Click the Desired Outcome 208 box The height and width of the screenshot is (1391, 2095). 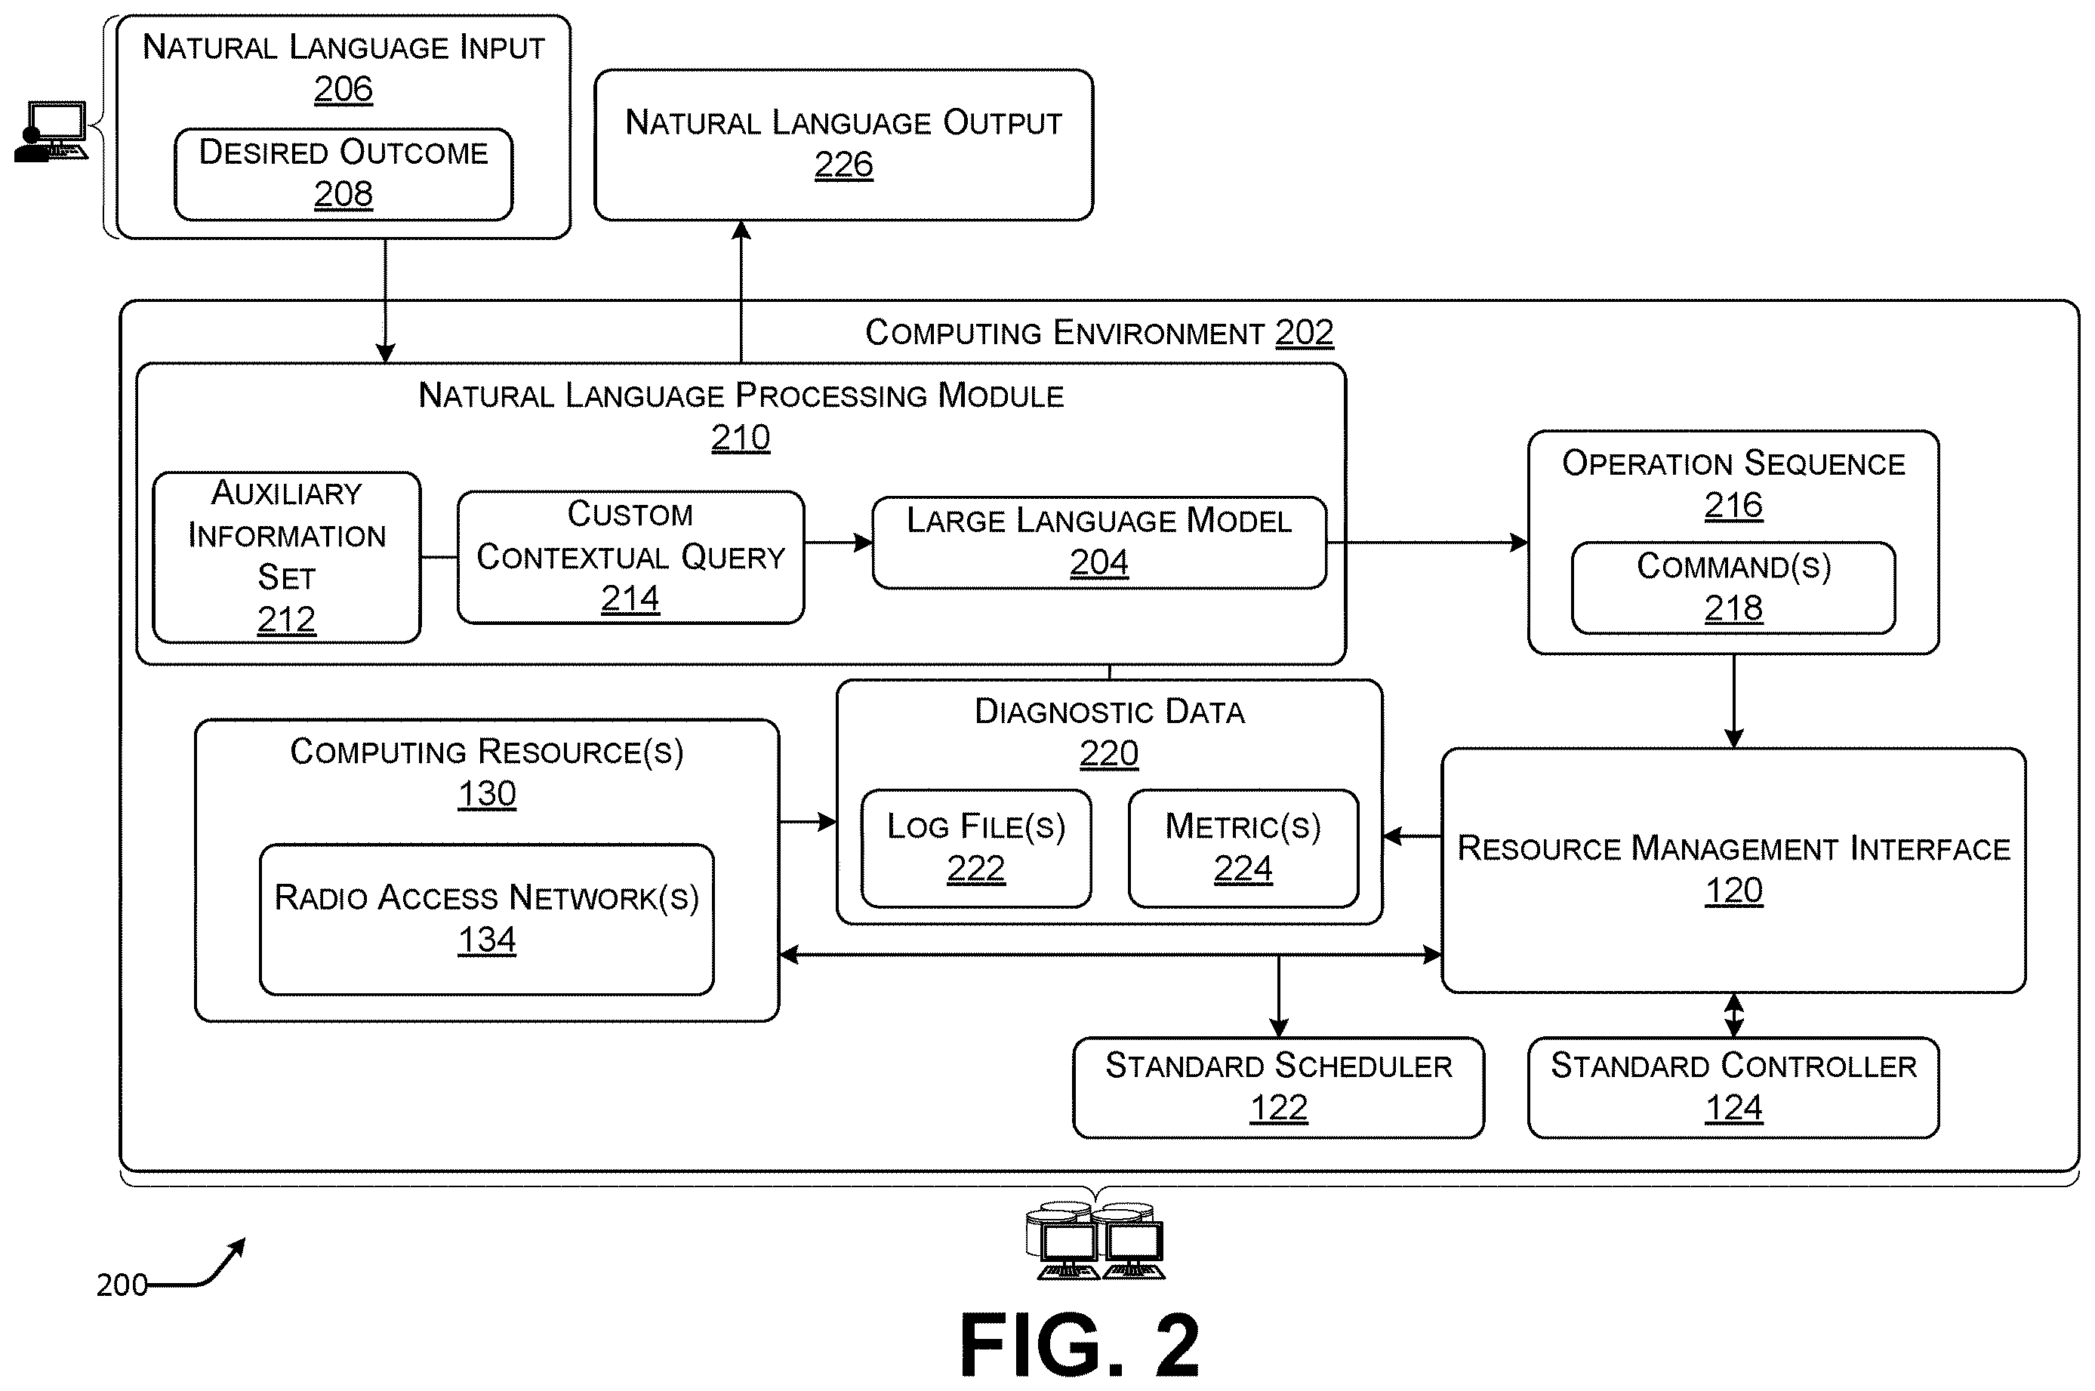coord(344,174)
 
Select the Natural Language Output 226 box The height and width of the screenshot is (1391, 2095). coord(843,145)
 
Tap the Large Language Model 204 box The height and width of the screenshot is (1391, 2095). coord(1099,542)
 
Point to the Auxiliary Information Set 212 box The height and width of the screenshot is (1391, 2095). coord(287,557)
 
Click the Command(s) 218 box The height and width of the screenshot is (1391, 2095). coord(1733,588)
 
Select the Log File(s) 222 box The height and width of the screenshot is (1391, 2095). coord(976,848)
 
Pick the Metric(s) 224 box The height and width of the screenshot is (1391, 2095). coord(1243,848)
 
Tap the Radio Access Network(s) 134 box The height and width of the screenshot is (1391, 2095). coord(486,919)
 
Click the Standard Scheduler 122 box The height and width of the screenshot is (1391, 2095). coord(1278,1088)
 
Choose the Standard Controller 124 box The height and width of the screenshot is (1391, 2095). coord(1733,1088)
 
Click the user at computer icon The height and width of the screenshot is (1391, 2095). coord(51,131)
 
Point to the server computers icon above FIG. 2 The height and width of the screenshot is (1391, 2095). coord(1095,1241)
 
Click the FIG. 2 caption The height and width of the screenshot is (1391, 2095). coord(1080,1345)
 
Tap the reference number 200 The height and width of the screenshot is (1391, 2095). coord(122,1285)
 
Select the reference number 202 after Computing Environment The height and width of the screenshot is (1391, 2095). coord(1305,333)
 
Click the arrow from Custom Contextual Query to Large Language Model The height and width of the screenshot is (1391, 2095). coord(839,542)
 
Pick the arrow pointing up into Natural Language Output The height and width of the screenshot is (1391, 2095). coord(741,292)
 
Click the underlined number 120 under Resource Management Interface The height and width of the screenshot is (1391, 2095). coord(1733,891)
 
